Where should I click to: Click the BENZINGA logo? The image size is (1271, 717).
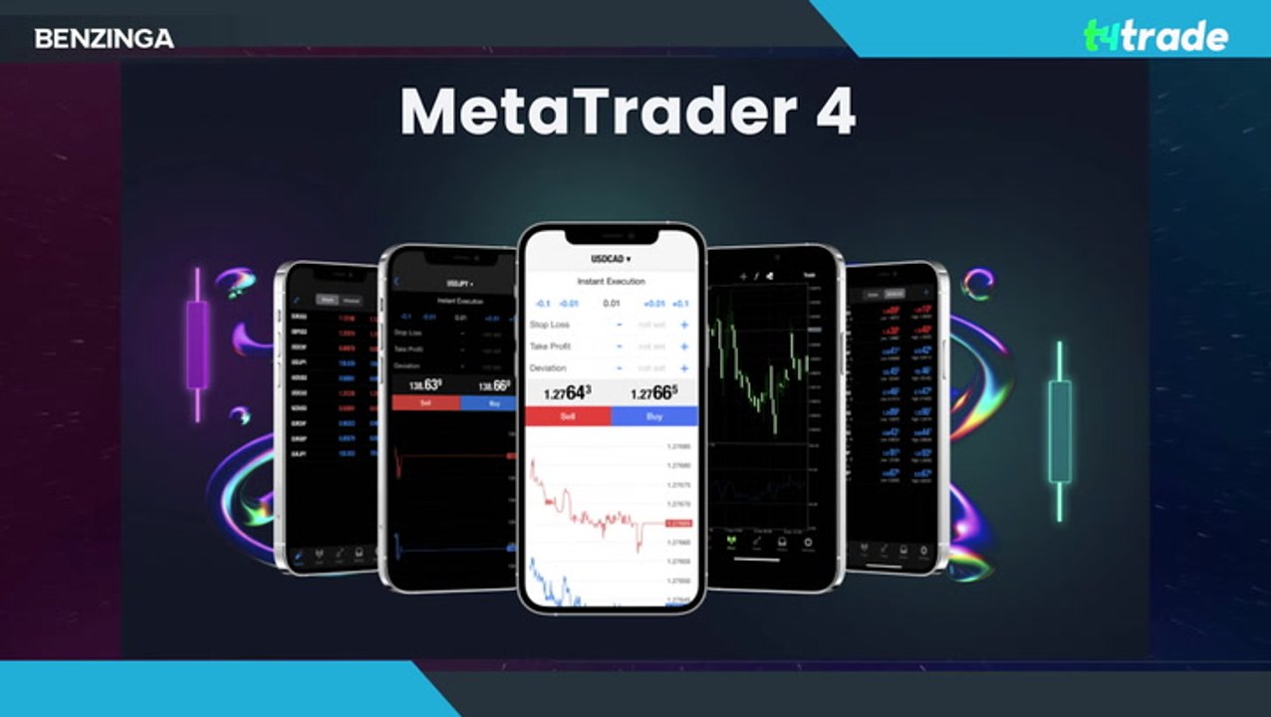click(x=104, y=39)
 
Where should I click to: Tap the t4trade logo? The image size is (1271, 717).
click(x=1155, y=37)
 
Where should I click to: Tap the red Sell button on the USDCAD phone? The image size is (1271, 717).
click(x=568, y=416)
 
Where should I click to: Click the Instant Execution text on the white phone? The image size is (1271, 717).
click(x=611, y=282)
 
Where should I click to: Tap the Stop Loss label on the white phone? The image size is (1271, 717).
click(x=549, y=325)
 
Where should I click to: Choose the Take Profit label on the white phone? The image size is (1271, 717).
click(x=551, y=347)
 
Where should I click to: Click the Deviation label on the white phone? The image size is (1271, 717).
click(x=548, y=368)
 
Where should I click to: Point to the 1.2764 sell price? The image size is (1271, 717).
click(x=567, y=393)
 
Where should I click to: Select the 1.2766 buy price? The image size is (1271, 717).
click(x=653, y=393)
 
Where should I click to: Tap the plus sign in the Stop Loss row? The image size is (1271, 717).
click(x=684, y=325)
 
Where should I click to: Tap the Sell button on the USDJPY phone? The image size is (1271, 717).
click(x=425, y=403)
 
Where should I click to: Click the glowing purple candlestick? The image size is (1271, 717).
click(x=197, y=345)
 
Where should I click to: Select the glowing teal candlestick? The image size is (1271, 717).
click(x=1060, y=430)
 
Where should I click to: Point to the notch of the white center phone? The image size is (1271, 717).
click(x=611, y=235)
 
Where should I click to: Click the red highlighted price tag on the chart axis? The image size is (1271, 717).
click(x=678, y=523)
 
